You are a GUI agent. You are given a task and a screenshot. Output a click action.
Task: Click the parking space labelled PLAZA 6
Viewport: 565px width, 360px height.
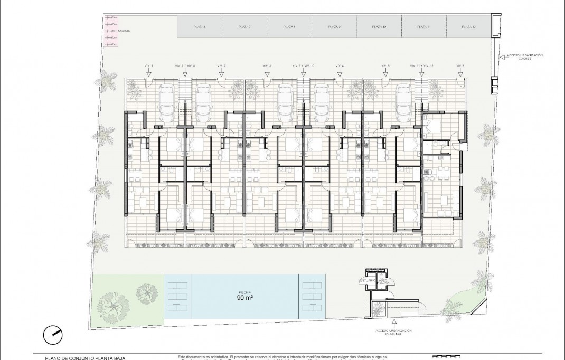(199, 26)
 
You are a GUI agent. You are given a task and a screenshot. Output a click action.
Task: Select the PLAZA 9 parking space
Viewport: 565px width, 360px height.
(334, 26)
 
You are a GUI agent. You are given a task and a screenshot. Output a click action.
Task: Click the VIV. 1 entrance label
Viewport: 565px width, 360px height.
(149, 65)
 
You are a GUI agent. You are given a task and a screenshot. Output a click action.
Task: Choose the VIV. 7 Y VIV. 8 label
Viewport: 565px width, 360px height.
(185, 65)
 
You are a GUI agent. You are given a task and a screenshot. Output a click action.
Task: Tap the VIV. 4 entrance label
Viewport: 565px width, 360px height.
(339, 65)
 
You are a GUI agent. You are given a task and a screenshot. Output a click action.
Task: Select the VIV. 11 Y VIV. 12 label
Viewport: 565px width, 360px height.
(421, 65)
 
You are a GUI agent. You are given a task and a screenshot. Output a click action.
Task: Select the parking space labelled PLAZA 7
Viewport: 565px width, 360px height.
(244, 26)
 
